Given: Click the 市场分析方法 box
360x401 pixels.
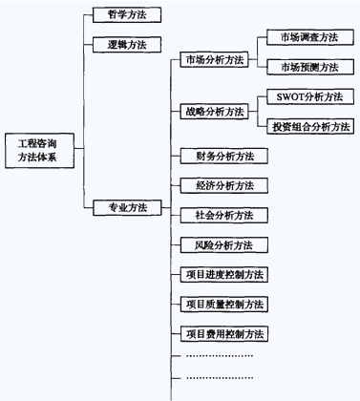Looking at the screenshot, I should (x=213, y=60).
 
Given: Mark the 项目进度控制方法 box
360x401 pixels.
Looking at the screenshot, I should (x=224, y=275).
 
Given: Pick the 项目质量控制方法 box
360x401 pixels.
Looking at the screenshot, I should (x=224, y=305).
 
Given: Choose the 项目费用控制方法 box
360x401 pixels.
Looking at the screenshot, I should (x=224, y=334).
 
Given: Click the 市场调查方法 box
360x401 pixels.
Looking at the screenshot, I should (x=303, y=37).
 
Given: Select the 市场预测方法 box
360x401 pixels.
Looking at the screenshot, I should (x=303, y=67).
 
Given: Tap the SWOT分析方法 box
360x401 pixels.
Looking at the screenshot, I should (x=308, y=96).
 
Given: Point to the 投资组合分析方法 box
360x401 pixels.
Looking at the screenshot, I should (x=308, y=126).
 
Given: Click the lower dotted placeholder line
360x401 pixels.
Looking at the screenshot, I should (x=219, y=380).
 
